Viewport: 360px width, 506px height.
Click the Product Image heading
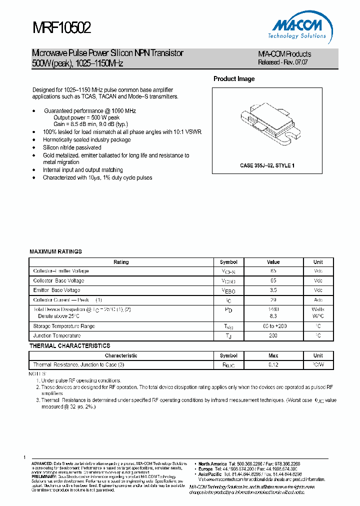click(234, 79)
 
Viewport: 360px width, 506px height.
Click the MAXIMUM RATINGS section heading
click(55, 251)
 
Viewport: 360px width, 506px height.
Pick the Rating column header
click(121, 262)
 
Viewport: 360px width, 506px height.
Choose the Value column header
click(273, 262)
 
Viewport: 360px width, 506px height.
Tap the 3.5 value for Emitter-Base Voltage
click(273, 290)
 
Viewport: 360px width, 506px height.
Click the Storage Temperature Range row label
click(63, 326)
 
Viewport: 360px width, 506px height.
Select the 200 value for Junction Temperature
click(273, 336)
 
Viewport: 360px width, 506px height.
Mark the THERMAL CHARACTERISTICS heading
click(70, 345)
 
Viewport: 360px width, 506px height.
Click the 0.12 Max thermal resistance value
click(273, 365)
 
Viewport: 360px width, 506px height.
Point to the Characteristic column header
click(121, 355)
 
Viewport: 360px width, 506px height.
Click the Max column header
click(273, 355)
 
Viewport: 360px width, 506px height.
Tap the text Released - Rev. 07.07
click(282, 63)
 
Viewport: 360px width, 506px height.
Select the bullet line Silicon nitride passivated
click(72, 147)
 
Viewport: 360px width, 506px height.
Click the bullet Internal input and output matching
click(83, 170)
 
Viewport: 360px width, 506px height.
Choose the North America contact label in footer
click(212, 464)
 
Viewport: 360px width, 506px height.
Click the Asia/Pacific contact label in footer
click(210, 474)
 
